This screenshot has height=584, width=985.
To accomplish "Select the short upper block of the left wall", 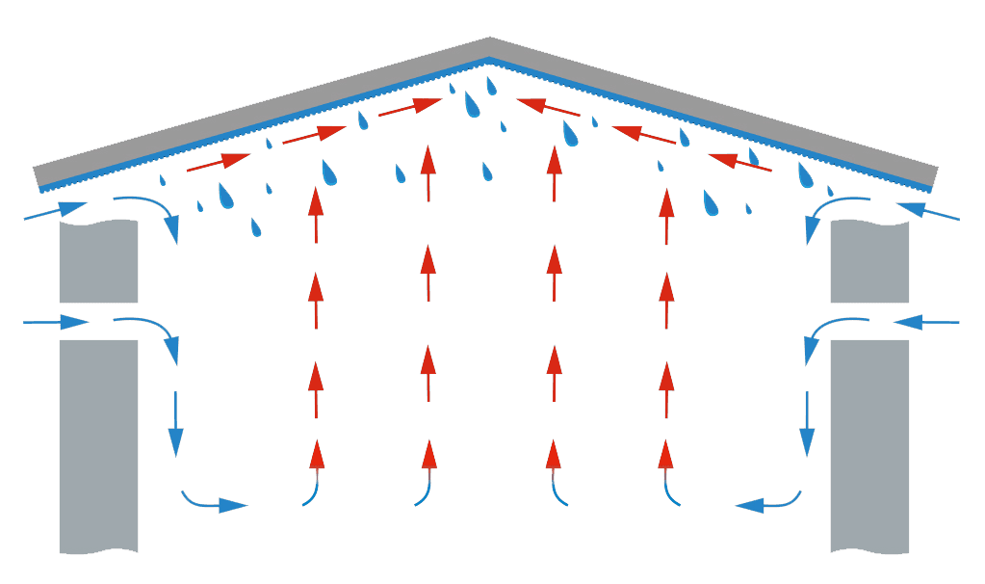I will (x=99, y=261).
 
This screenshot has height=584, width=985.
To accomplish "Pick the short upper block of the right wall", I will (x=869, y=261).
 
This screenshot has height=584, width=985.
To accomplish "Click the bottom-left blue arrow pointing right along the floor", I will (x=214, y=502).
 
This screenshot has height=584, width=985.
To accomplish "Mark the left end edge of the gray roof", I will (x=37, y=176).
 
